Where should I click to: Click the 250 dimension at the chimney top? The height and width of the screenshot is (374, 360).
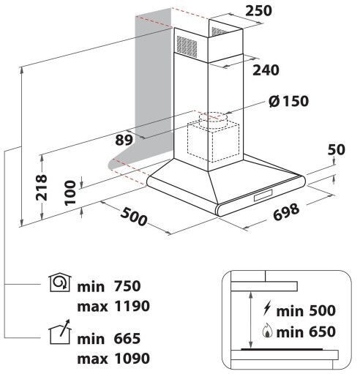pyautogui.click(x=258, y=11)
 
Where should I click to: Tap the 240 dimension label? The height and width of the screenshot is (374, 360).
pyautogui.click(x=266, y=70)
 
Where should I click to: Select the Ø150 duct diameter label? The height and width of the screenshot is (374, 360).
pyautogui.click(x=288, y=101)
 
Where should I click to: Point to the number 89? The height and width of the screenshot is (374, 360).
pyautogui.click(x=124, y=140)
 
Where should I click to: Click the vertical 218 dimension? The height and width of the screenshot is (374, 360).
pyautogui.click(x=41, y=187)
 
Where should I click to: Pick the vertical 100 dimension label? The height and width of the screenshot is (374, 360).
pyautogui.click(x=71, y=192)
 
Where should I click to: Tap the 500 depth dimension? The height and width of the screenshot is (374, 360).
pyautogui.click(x=134, y=217)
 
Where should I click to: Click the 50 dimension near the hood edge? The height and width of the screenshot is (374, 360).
pyautogui.click(x=337, y=149)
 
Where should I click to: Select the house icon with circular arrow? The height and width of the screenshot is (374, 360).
pyautogui.click(x=60, y=283)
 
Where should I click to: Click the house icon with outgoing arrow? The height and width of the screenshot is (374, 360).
pyautogui.click(x=60, y=332)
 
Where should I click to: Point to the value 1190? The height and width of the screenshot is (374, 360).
pyautogui.click(x=132, y=306)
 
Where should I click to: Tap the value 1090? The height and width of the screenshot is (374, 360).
pyautogui.click(x=132, y=359)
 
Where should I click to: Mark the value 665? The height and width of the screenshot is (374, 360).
pyautogui.click(x=127, y=339)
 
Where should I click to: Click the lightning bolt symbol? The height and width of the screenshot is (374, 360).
pyautogui.click(x=267, y=309)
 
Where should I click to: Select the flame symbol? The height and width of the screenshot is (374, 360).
pyautogui.click(x=267, y=331)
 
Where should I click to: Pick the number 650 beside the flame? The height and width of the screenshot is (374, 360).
pyautogui.click(x=322, y=332)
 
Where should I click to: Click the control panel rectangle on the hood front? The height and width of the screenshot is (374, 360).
pyautogui.click(x=263, y=195)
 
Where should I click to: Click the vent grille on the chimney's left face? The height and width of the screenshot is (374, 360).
pyautogui.click(x=187, y=46)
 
